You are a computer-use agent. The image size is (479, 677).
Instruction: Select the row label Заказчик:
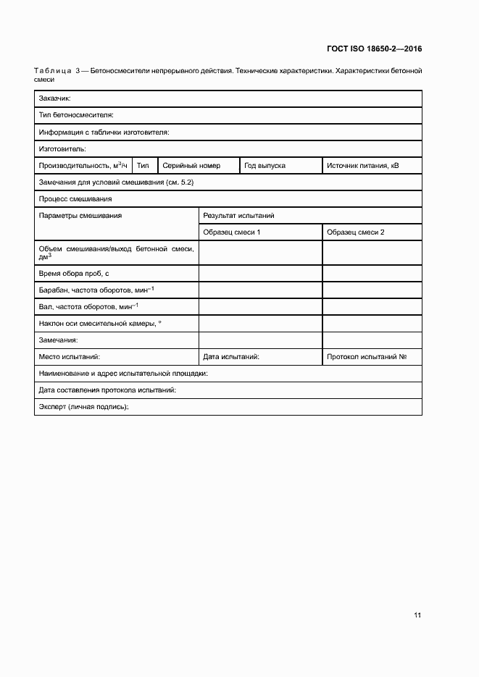[x=54, y=98]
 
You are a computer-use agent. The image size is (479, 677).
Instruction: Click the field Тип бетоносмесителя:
[x=76, y=115]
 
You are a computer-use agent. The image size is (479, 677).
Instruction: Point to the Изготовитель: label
[x=62, y=149]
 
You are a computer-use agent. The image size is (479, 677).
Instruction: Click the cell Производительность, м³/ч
[x=83, y=166]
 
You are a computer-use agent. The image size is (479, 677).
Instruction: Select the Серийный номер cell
[x=191, y=166]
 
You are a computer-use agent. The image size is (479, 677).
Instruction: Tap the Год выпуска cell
[x=265, y=166]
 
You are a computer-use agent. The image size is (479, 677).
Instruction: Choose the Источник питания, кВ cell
[x=362, y=166]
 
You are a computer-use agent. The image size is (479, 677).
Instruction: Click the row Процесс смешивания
[x=75, y=199]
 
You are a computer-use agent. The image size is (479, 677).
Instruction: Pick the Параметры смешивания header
[x=80, y=216]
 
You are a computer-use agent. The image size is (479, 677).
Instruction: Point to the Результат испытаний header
[x=238, y=216]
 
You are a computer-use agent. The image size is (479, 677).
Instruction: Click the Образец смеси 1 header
[x=232, y=232]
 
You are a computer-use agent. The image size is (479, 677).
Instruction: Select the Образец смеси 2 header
[x=355, y=232]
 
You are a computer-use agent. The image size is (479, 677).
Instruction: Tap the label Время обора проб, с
[x=74, y=274]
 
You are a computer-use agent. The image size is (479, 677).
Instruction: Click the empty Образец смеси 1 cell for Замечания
[x=260, y=340]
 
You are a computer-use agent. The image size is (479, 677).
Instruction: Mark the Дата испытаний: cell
[x=231, y=357]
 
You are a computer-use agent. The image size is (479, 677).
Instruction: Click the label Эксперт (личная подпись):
[x=83, y=408]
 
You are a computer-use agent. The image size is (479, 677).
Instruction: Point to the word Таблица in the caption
[x=52, y=71]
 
